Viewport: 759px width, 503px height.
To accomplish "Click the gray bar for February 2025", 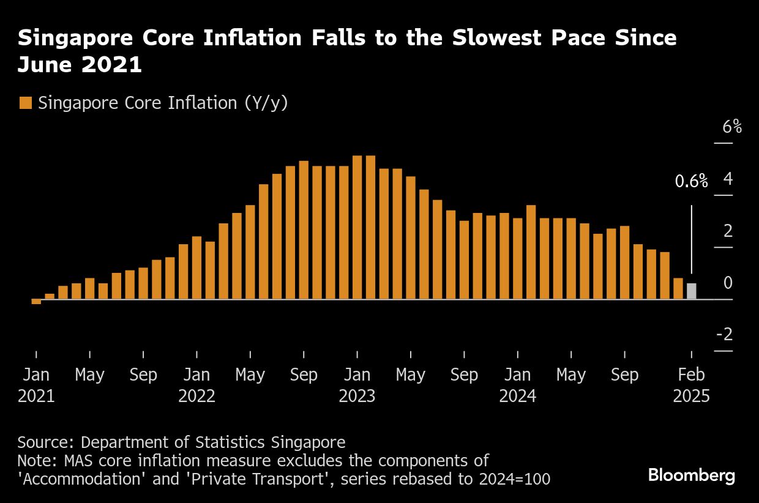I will [691, 291].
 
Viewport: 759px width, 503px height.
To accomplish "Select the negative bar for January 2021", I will [36, 302].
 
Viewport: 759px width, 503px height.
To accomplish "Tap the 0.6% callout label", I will [691, 181].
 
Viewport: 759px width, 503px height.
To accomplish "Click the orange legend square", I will [25, 103].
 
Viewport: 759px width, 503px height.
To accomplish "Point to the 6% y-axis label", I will [732, 127].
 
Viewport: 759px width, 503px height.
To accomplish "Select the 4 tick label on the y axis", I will [728, 179].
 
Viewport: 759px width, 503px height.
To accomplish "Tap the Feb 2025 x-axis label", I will [692, 385].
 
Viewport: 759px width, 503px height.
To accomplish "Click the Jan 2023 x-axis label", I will [357, 385].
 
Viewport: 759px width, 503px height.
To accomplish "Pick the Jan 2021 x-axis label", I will [36, 385].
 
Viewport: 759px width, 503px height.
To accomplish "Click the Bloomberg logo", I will [692, 475].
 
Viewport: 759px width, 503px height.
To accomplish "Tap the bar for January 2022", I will [196, 268].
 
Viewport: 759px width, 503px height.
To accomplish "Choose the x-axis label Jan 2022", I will [196, 385].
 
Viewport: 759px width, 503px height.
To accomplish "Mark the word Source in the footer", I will [45, 442].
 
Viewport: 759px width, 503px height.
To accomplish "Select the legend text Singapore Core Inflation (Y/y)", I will [163, 103].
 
